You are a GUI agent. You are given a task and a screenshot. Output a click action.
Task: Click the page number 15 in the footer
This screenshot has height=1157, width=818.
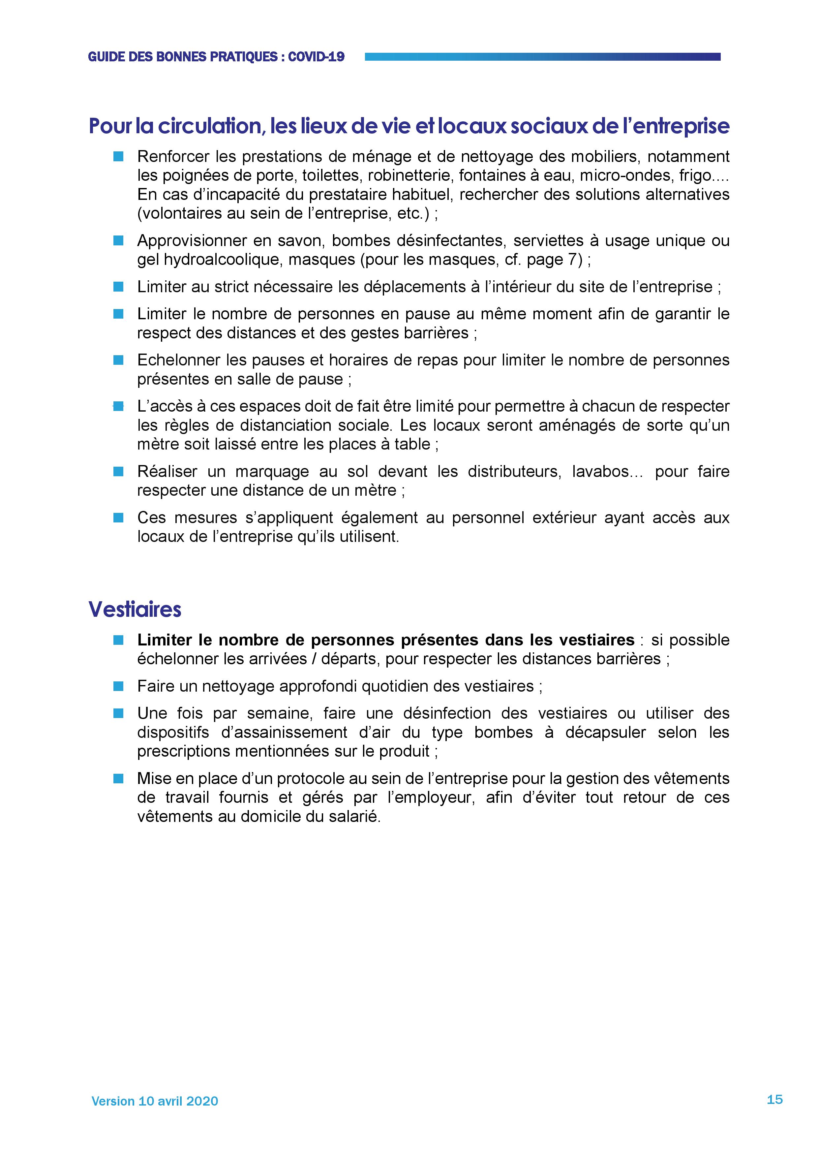click(774, 1099)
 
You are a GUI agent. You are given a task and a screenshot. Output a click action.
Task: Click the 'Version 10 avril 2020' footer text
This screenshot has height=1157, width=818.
click(155, 1101)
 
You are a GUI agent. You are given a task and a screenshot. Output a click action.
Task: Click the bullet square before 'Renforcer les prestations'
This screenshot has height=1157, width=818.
click(118, 157)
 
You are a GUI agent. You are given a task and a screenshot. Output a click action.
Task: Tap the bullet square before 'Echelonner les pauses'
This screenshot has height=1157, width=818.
click(118, 360)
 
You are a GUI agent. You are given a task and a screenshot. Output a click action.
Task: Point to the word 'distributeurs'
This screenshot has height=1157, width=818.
click(514, 471)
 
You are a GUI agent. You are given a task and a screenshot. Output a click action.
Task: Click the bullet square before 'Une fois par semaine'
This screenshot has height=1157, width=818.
click(118, 713)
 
